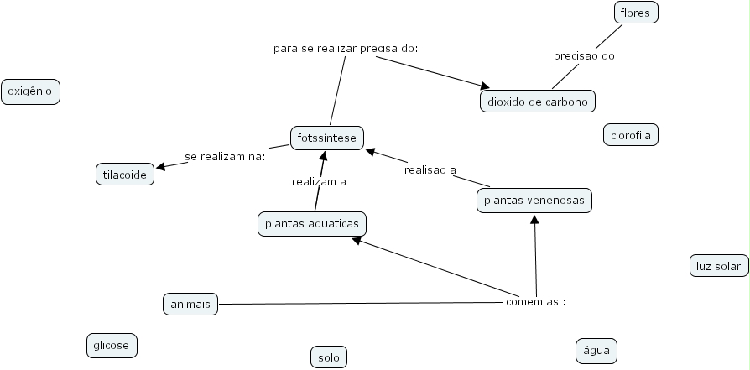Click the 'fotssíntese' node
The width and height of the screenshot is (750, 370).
click(x=327, y=137)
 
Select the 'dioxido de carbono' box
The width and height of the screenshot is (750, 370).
click(x=538, y=102)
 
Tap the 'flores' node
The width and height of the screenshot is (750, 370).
click(x=635, y=13)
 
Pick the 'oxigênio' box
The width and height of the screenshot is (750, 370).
click(x=30, y=91)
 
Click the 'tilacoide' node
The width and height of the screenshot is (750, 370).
click(x=125, y=175)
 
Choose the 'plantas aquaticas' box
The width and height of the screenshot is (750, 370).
click(x=312, y=224)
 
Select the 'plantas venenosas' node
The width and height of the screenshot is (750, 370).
click(x=534, y=201)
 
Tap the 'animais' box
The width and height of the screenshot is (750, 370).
click(x=190, y=304)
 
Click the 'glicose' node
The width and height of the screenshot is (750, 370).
click(x=112, y=345)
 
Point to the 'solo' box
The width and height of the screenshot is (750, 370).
click(x=328, y=357)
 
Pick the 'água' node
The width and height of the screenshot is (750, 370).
click(x=596, y=351)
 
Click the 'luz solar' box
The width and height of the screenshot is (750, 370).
click(x=718, y=267)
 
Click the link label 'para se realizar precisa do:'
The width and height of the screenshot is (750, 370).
click(x=346, y=48)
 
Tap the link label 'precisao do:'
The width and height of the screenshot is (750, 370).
click(x=586, y=56)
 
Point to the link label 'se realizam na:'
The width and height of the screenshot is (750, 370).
click(x=225, y=156)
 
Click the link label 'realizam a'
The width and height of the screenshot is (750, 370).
click(x=319, y=181)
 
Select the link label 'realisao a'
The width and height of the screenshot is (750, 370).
click(x=430, y=169)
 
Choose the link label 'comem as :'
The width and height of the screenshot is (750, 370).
click(x=535, y=302)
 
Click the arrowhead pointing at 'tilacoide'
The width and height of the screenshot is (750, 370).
click(x=159, y=168)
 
